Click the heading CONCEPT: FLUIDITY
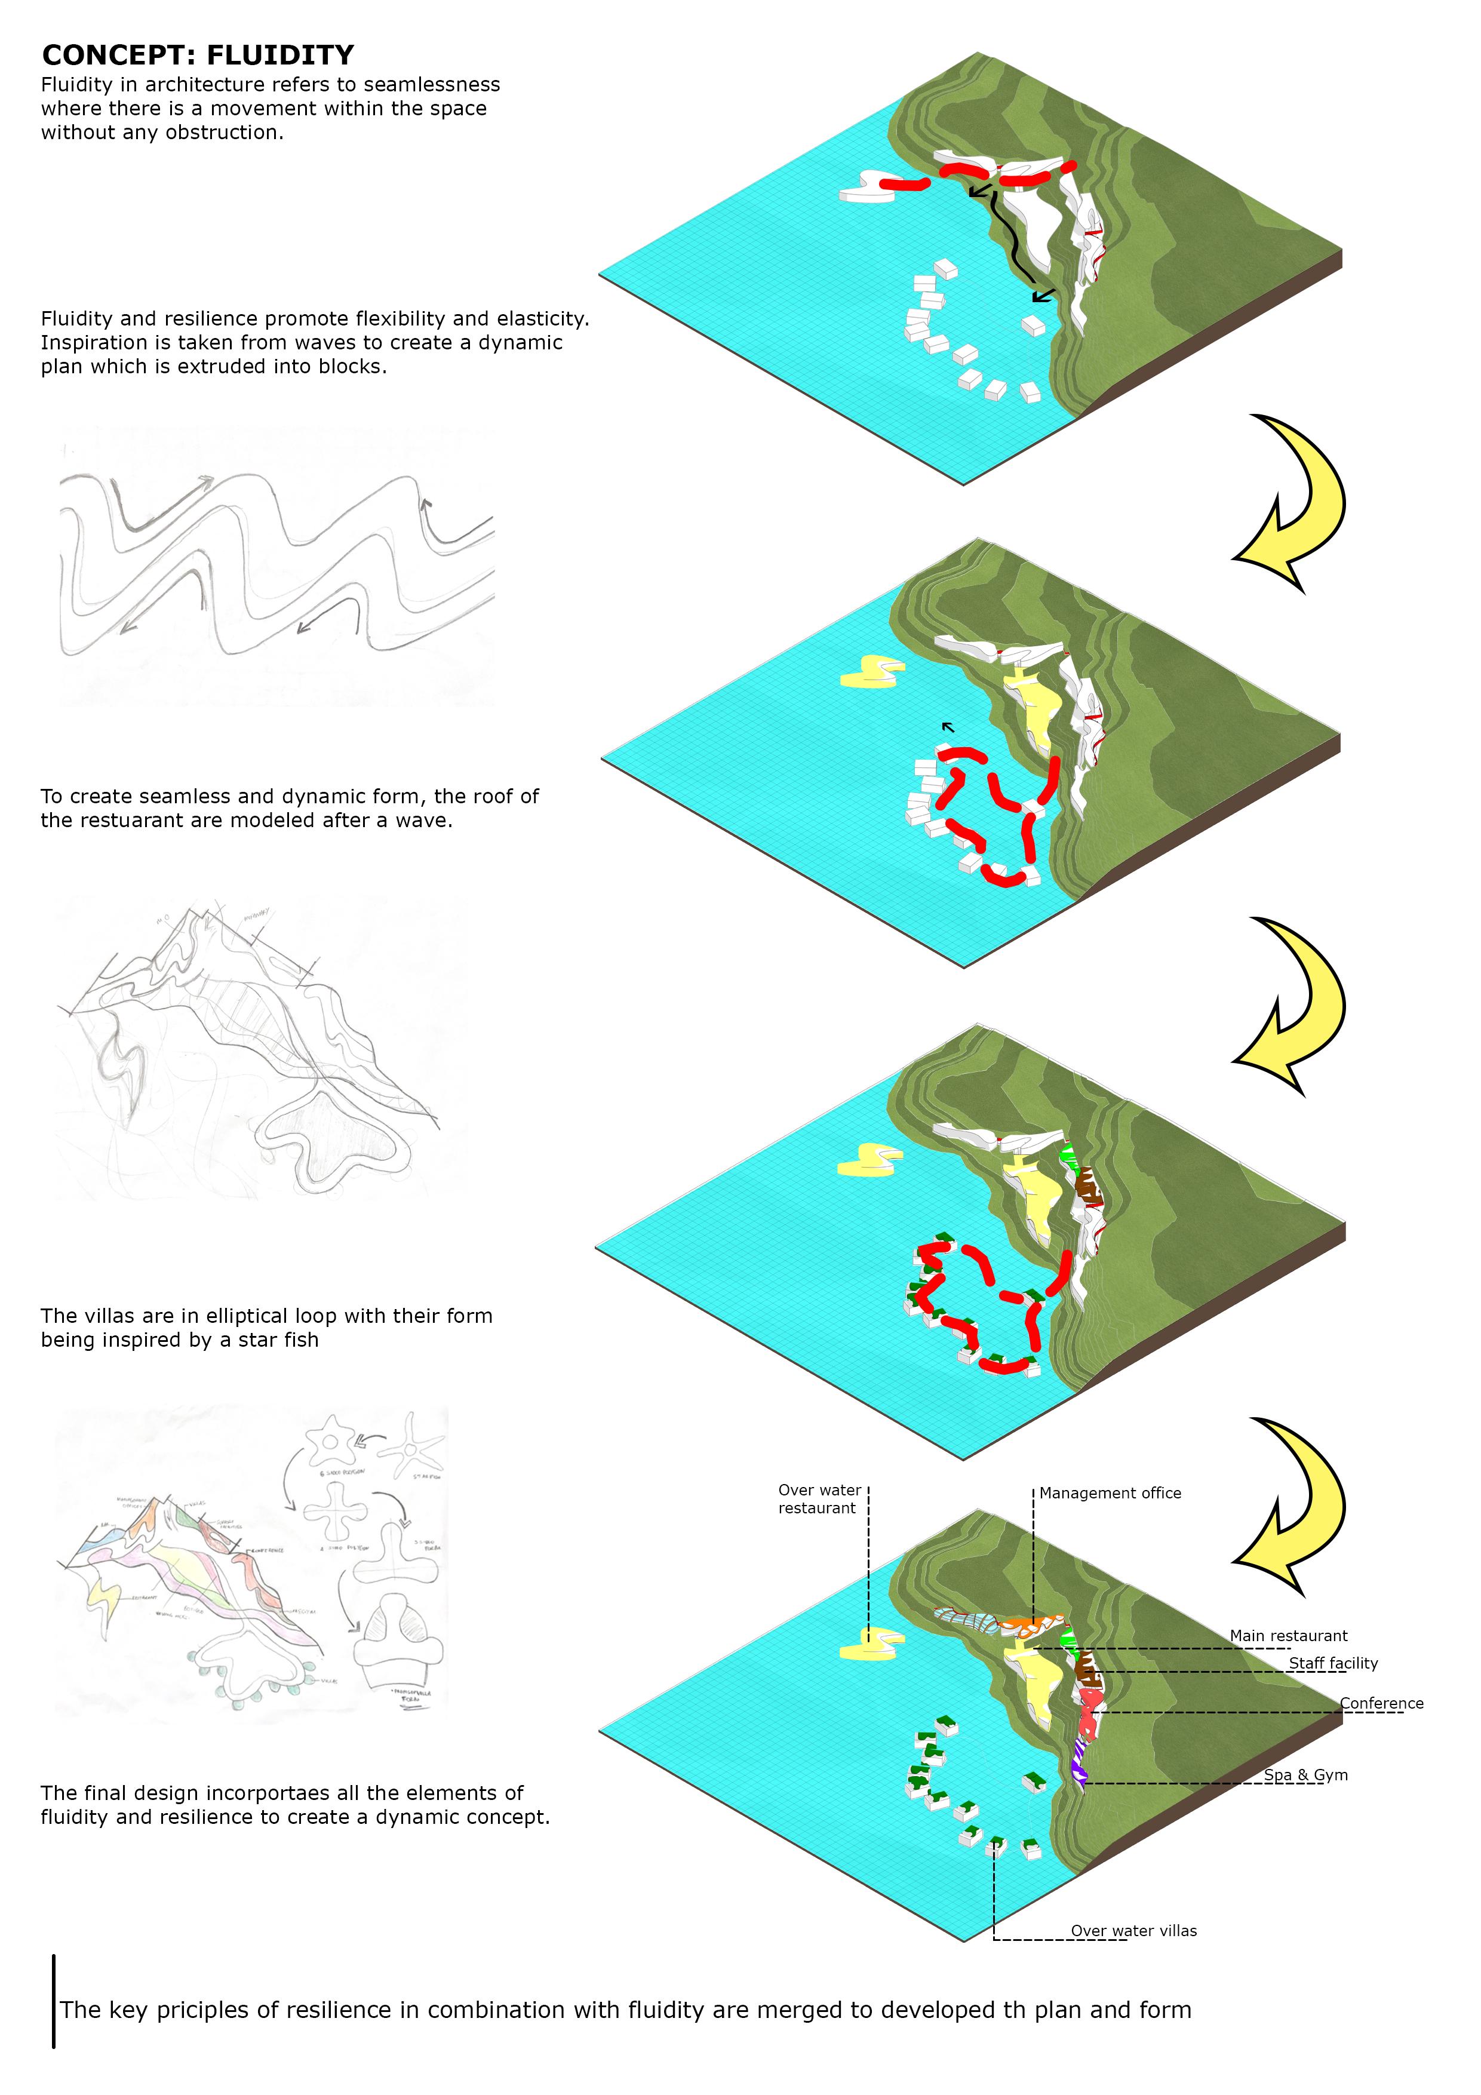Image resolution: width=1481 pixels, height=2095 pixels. [198, 56]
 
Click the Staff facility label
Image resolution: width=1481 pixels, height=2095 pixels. [1332, 1663]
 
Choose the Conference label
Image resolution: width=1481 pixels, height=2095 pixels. [1381, 1704]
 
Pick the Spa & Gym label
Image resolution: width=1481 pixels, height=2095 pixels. [1305, 1775]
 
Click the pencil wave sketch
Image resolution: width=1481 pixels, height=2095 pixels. [276, 566]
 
